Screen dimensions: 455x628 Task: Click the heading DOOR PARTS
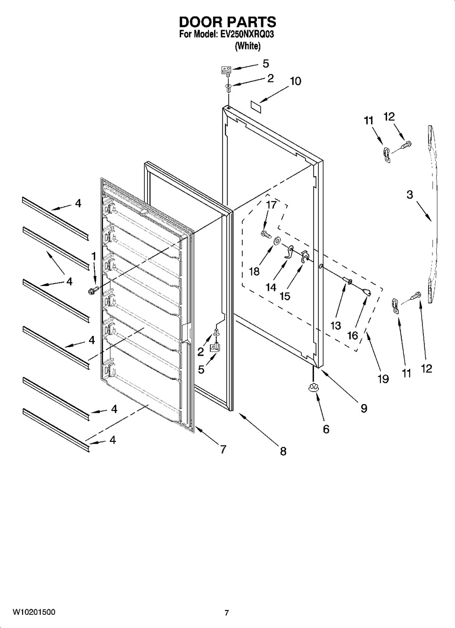point(227,22)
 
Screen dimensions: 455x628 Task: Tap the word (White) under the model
point(248,46)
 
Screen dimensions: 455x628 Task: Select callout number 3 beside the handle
point(410,195)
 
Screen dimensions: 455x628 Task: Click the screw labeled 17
point(265,233)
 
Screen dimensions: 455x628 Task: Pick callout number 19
point(383,379)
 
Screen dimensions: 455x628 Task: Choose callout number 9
point(364,408)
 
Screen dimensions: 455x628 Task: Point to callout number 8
point(283,451)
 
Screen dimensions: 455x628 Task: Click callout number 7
point(223,450)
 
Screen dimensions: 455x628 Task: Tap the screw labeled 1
point(94,291)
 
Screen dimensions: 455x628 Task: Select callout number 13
point(336,326)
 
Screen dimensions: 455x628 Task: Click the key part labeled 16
point(367,293)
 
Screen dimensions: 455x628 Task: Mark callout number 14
point(271,287)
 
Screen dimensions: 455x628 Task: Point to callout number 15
point(285,296)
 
